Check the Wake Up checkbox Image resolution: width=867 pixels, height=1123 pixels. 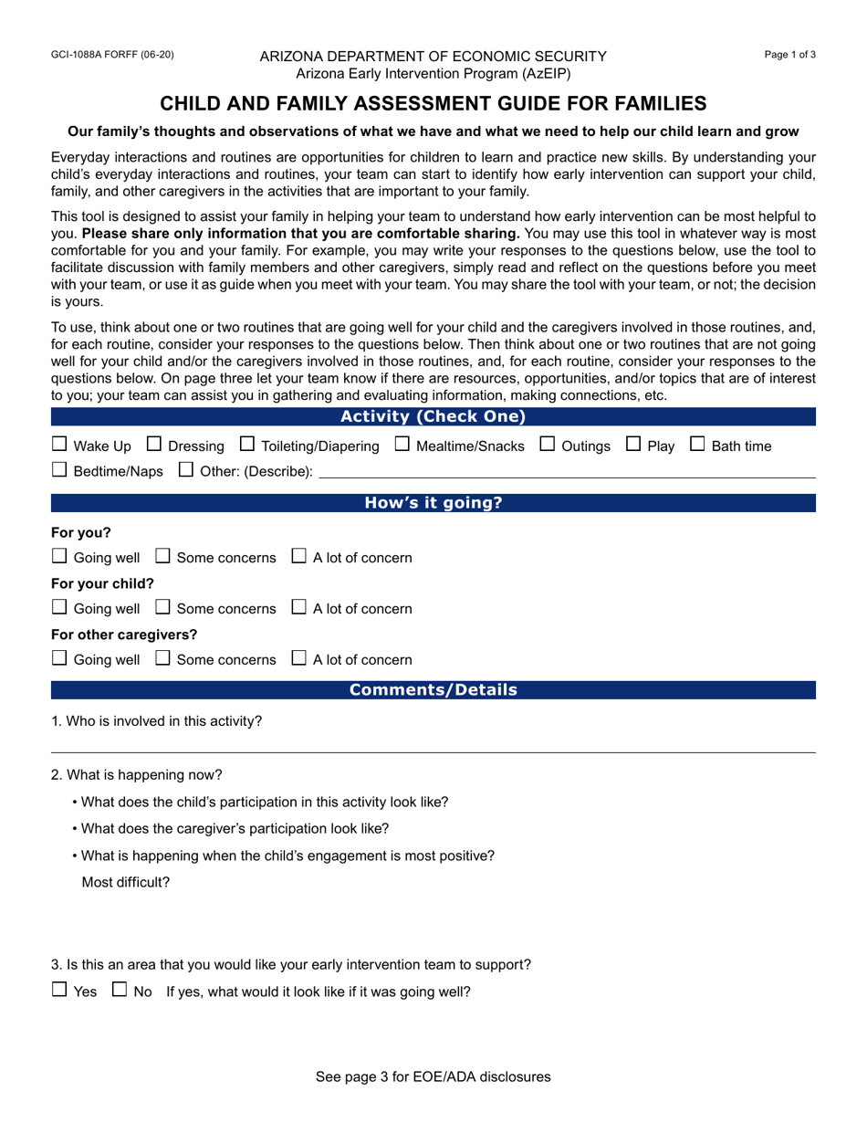tap(59, 445)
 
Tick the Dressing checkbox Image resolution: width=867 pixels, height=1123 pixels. tap(154, 445)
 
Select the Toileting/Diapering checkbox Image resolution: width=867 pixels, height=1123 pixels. tap(247, 445)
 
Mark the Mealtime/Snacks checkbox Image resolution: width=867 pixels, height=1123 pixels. tap(402, 445)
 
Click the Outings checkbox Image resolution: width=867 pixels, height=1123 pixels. tap(548, 445)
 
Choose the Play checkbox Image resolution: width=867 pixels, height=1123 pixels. tap(633, 445)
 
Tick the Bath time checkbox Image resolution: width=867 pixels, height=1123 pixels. tap(697, 445)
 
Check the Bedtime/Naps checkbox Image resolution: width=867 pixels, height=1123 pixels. tap(59, 470)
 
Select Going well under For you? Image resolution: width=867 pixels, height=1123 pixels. tap(59, 556)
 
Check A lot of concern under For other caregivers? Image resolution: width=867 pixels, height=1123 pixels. tap(298, 658)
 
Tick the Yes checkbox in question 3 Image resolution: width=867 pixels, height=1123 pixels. tap(59, 990)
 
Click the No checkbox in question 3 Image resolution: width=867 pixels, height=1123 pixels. tap(120, 990)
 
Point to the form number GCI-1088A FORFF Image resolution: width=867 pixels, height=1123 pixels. tap(112, 55)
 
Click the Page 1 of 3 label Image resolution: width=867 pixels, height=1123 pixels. tap(789, 55)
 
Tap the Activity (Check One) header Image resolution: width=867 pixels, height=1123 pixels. tap(433, 417)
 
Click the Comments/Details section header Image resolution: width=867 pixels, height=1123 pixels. tap(433, 690)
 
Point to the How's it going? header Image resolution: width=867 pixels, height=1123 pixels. tap(433, 503)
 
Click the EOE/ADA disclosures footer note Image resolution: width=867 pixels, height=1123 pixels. tap(433, 1076)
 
